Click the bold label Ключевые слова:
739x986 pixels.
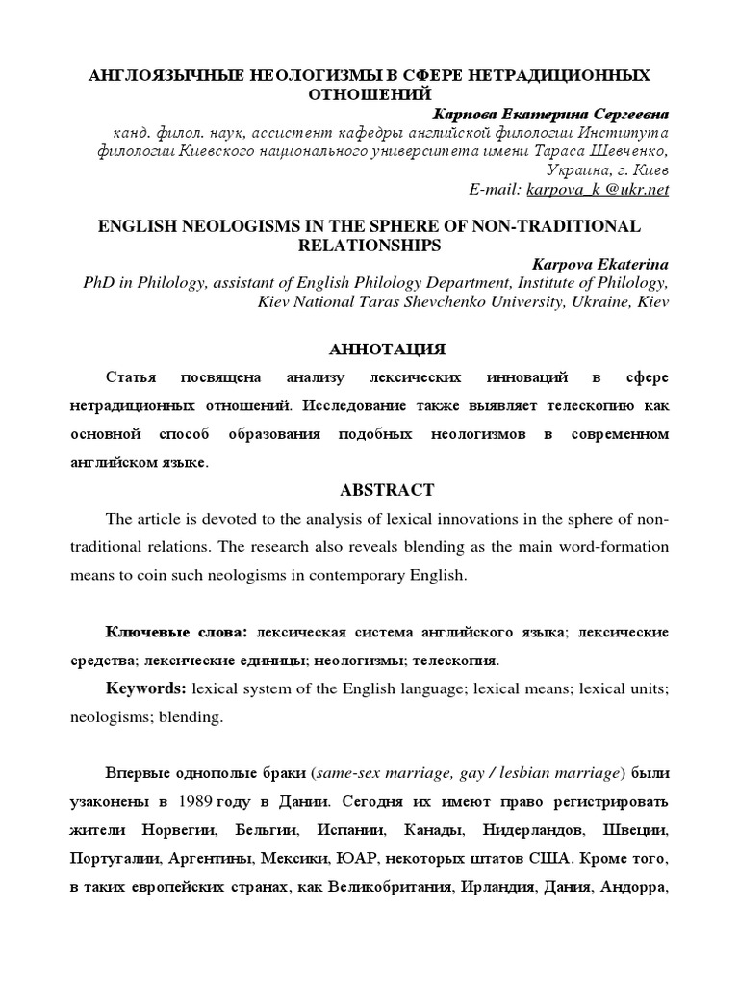176,633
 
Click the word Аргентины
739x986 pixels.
236,857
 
